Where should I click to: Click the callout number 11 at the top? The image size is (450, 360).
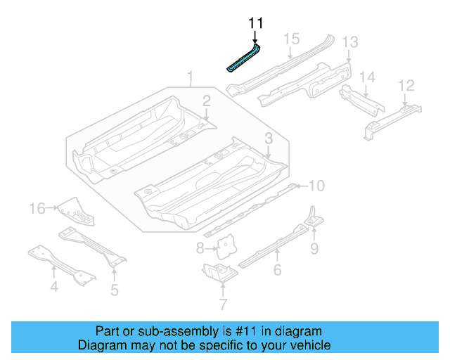(255, 23)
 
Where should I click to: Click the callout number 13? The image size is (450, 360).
(350, 44)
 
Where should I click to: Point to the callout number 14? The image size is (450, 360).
(368, 77)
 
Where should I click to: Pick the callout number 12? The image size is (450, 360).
(406, 85)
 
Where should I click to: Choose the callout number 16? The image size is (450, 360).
(37, 207)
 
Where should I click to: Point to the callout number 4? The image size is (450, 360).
(53, 286)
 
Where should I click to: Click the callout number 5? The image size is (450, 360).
(114, 289)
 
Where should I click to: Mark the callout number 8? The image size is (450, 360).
(200, 247)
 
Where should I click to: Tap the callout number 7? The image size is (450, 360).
(223, 304)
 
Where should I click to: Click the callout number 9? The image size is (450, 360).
(314, 247)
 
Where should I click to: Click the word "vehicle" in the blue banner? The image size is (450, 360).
(306, 345)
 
